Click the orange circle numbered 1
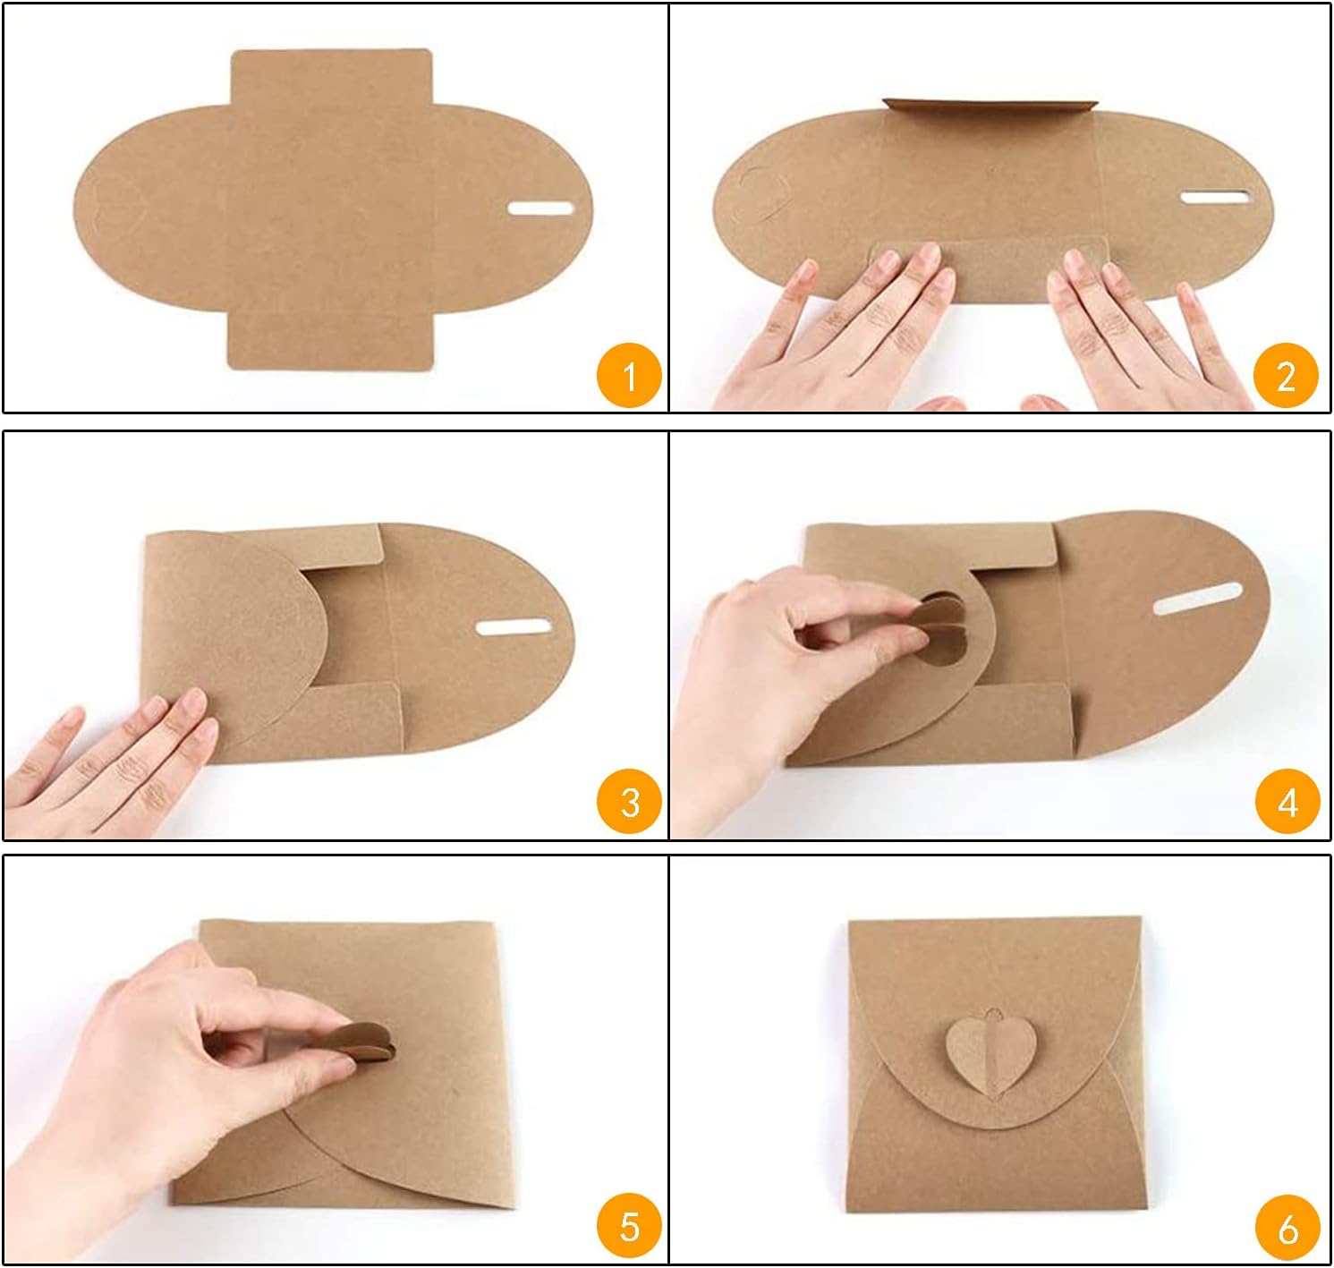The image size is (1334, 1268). [629, 375]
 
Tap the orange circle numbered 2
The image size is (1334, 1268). [1286, 375]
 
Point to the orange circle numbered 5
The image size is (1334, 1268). [629, 1226]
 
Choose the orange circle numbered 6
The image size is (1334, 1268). [1287, 1226]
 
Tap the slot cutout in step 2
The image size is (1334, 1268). [1215, 198]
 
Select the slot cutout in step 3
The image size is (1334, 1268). [513, 627]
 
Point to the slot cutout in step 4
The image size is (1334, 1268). [1198, 598]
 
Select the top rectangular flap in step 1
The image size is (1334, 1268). [331, 79]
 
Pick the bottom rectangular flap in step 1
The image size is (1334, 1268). [331, 339]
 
